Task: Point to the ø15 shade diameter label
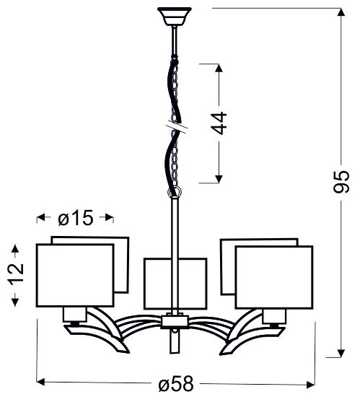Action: (x=75, y=218)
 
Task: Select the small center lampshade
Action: (x=175, y=283)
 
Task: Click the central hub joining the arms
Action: (x=174, y=320)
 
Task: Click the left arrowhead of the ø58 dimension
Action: (x=41, y=383)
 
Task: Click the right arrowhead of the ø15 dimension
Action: (x=110, y=217)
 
